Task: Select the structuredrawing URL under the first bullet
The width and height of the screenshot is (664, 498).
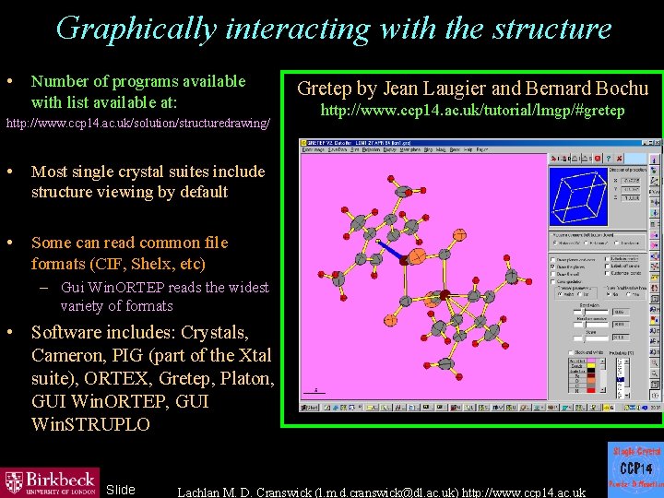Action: [x=138, y=123]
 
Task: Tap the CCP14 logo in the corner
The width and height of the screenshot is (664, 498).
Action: [x=635, y=467]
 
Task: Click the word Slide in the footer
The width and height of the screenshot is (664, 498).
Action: [x=120, y=490]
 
